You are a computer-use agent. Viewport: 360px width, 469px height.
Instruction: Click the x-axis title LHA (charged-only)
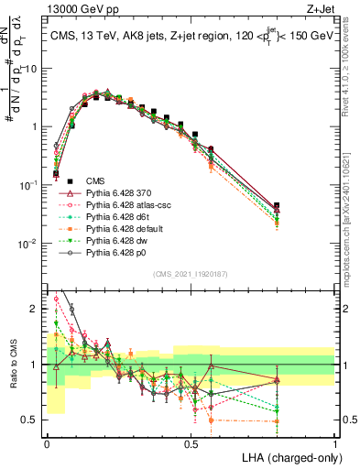pos(287,456)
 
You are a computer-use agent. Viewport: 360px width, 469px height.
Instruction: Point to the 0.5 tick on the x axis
pos(191,443)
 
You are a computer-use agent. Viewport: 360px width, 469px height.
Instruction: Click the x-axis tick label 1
pos(334,443)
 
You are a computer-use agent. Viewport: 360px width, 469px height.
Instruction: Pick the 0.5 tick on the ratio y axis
pos(32,420)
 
